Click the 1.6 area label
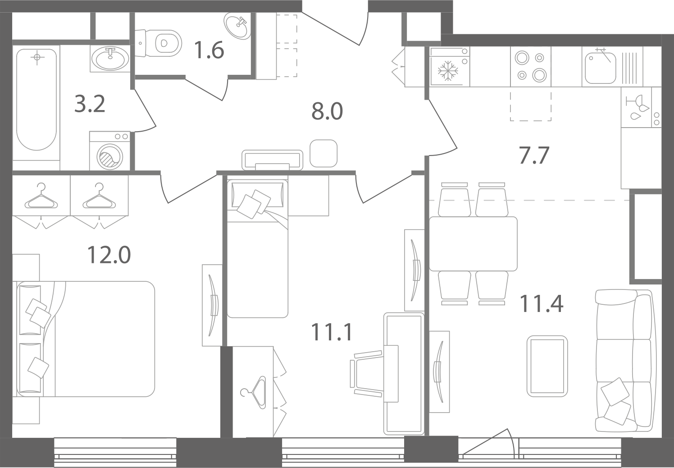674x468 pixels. point(209,50)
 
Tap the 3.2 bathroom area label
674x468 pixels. point(89,104)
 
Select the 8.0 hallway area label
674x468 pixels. point(327,111)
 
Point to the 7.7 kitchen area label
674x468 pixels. point(534,155)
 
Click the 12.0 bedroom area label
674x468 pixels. point(109,255)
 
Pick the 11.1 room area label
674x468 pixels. point(331,332)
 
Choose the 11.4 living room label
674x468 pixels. point(541,303)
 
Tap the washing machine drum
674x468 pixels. point(110,156)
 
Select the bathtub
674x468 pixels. point(36,100)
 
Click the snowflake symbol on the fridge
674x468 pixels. point(448,71)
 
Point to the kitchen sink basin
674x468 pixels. point(600,68)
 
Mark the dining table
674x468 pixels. point(473,243)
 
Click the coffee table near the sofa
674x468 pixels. point(547,366)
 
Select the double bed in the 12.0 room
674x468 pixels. point(86,339)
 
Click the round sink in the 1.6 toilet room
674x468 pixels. point(237,26)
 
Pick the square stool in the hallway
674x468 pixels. point(323,153)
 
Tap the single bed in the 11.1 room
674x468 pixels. point(257,248)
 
